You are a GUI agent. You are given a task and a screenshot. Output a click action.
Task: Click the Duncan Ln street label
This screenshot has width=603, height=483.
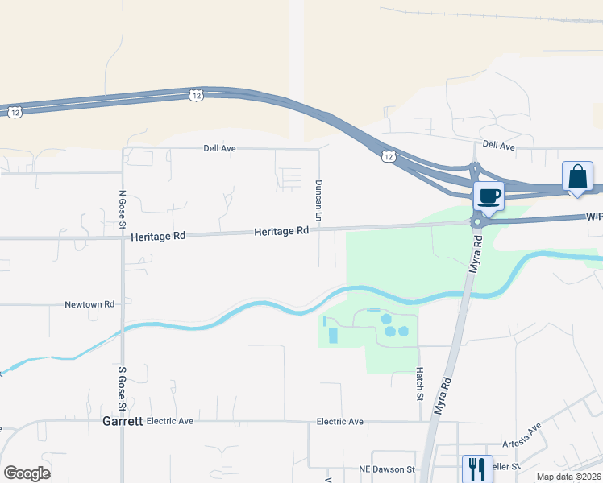pyautogui.click(x=318, y=201)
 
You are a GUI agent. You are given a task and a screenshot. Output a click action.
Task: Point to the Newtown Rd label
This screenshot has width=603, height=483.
pyautogui.click(x=90, y=305)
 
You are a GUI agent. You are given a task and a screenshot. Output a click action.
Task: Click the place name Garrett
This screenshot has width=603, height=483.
pyautogui.click(x=123, y=421)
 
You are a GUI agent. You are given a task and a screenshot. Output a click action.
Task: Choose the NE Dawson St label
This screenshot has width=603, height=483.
pyautogui.click(x=387, y=469)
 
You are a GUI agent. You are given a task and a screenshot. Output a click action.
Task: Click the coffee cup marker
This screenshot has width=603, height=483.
pyautogui.click(x=489, y=195)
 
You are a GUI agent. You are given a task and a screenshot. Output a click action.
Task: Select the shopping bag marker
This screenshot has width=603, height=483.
pyautogui.click(x=577, y=176)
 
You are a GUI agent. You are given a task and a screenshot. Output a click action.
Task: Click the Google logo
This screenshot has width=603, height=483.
pyautogui.click(x=27, y=473)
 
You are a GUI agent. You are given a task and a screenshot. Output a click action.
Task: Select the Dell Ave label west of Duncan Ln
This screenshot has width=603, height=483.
pyautogui.click(x=219, y=148)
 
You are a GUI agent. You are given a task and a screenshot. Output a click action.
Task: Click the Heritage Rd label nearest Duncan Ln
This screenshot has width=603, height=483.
pyautogui.click(x=282, y=231)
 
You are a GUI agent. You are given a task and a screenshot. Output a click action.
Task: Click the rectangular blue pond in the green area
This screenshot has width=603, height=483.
pyautogui.click(x=332, y=334)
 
